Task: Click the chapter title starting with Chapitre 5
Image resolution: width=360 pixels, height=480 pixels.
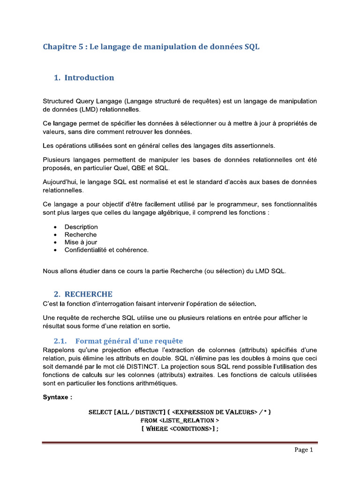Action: (x=151, y=47)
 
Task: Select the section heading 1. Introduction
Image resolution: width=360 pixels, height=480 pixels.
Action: (x=84, y=78)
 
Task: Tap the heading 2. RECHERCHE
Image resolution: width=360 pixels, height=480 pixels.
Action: (x=83, y=294)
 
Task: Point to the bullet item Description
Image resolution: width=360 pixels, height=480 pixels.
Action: (x=81, y=227)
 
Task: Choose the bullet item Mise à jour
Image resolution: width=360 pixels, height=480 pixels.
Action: (x=81, y=242)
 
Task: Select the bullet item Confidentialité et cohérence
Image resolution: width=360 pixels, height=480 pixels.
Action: (x=106, y=250)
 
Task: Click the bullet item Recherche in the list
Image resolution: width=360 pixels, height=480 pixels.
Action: (x=81, y=234)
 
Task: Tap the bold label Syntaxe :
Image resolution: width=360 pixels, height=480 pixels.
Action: (x=58, y=397)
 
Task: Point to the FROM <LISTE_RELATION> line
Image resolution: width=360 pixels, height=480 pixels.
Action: (x=180, y=420)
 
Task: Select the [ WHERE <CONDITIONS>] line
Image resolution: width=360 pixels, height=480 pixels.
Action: (x=180, y=428)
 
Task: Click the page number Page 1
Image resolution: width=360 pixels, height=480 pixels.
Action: (x=303, y=450)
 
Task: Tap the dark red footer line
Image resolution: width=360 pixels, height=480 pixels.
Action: (x=180, y=442)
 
